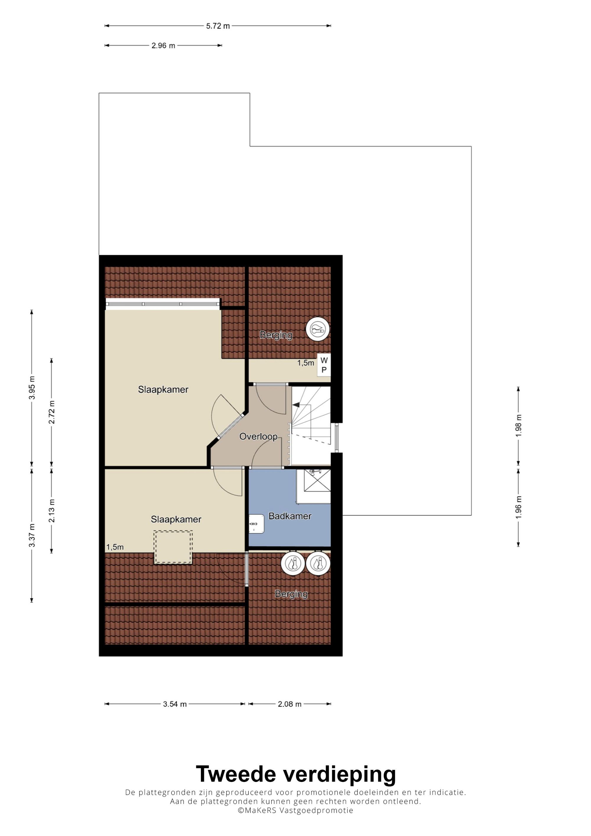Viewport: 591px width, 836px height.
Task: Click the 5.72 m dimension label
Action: click(x=218, y=26)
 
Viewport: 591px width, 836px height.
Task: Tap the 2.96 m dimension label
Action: click(x=163, y=45)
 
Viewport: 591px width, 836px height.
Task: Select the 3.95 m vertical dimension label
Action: click(x=32, y=387)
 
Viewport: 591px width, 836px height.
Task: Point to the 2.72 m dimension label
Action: click(x=52, y=412)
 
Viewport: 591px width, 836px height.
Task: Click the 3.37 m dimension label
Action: click(x=32, y=535)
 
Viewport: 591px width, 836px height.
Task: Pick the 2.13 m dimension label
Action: click(x=52, y=510)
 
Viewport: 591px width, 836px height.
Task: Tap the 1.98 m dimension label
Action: click(x=519, y=426)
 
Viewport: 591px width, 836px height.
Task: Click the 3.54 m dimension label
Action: click(x=175, y=704)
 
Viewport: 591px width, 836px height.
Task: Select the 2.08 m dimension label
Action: click(x=290, y=704)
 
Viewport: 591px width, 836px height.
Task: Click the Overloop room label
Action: click(x=258, y=436)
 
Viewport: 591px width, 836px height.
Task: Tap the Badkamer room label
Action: click(x=290, y=516)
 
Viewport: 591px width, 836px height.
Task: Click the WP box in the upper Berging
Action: click(x=324, y=365)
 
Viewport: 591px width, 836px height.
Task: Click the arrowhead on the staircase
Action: click(x=296, y=404)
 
